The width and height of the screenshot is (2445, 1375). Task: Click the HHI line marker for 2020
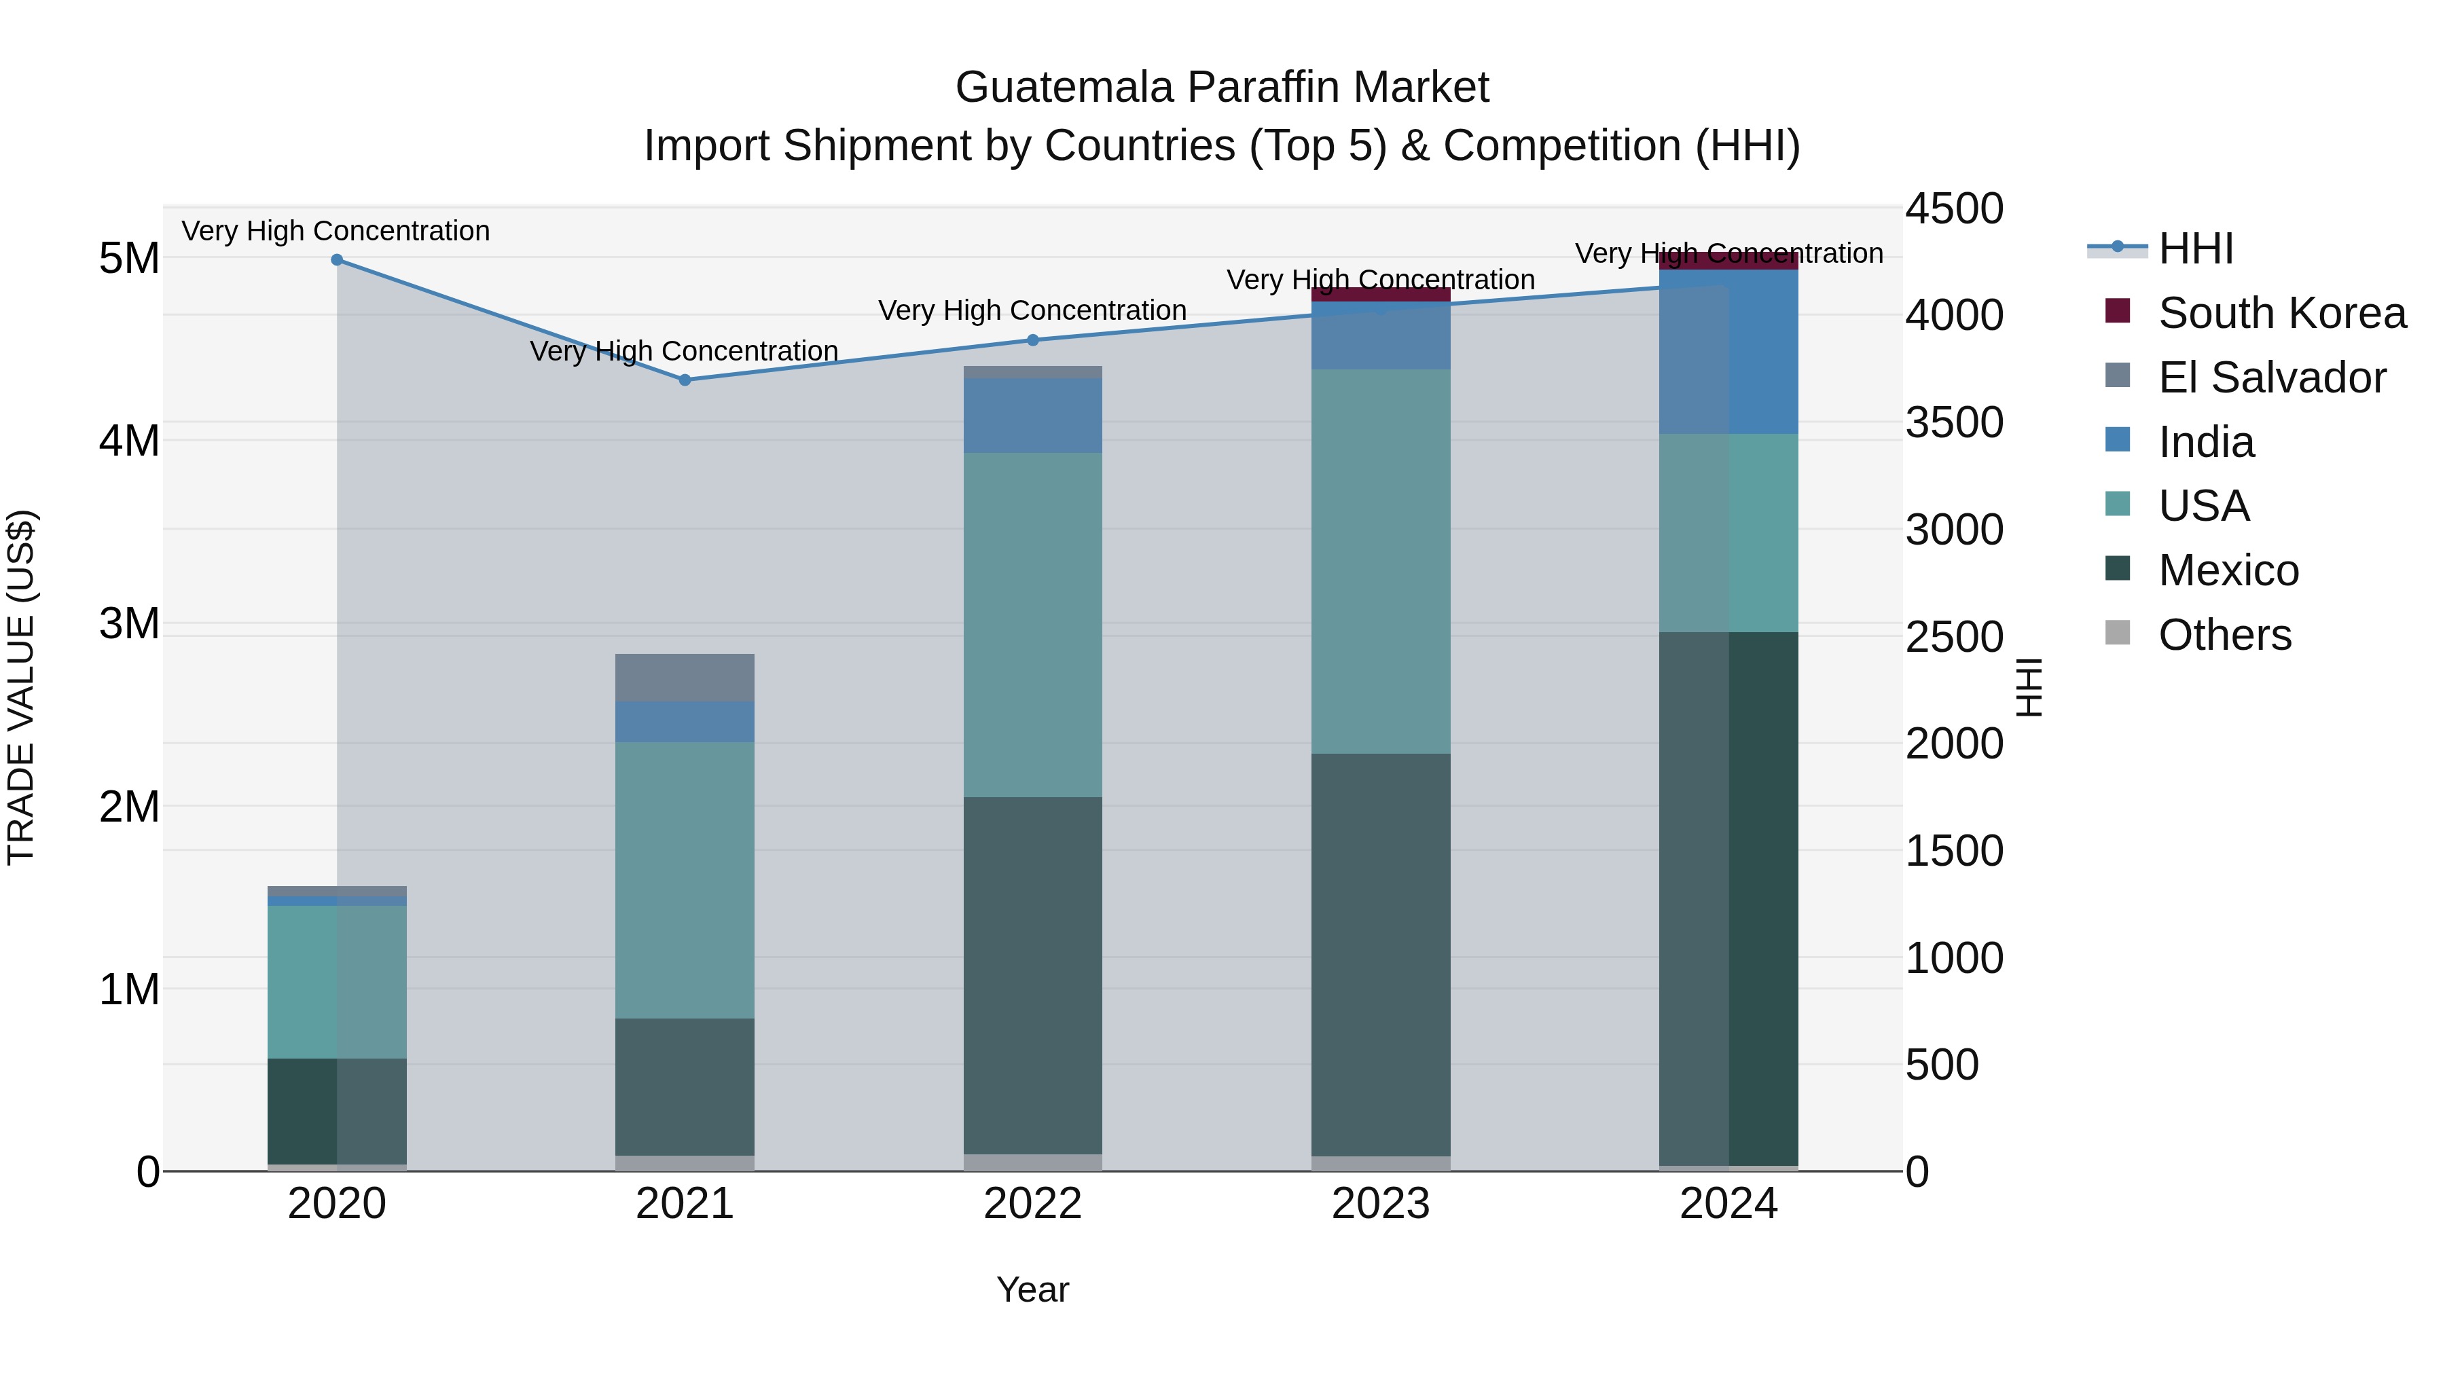point(337,259)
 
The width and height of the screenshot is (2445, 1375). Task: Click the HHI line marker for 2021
point(685,380)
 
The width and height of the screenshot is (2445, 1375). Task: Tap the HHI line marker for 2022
point(1032,340)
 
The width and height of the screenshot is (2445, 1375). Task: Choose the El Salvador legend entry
point(2270,377)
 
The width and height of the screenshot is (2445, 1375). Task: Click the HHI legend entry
point(2194,249)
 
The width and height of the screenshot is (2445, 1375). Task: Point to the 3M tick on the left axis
point(129,623)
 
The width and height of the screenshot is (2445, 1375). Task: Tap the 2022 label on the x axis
point(1032,1203)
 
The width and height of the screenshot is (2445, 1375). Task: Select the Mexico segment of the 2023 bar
point(1381,954)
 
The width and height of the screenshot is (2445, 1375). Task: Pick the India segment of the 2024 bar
point(1728,351)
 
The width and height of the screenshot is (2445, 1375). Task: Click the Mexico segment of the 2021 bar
point(685,1086)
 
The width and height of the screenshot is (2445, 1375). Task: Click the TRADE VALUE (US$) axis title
point(21,687)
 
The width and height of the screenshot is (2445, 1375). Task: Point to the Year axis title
point(1032,1289)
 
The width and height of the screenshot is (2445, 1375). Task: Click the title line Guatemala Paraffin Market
point(1222,88)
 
